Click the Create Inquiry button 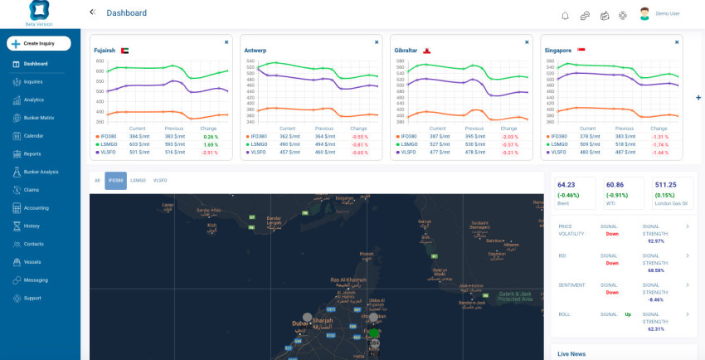[x=38, y=43]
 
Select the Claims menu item [x=32, y=190]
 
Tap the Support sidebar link [x=32, y=298]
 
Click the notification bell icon [x=566, y=15]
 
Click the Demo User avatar [x=644, y=13]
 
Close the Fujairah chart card [x=226, y=41]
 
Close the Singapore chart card [x=677, y=41]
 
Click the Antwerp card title [x=255, y=51]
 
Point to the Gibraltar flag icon [x=427, y=51]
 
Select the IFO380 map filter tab [x=115, y=180]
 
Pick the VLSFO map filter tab [x=159, y=180]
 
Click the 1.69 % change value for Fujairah [x=210, y=144]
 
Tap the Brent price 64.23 [x=566, y=185]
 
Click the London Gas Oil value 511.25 [x=665, y=185]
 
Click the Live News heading [x=571, y=353]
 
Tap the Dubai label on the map [x=299, y=323]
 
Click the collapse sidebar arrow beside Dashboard [x=92, y=12]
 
